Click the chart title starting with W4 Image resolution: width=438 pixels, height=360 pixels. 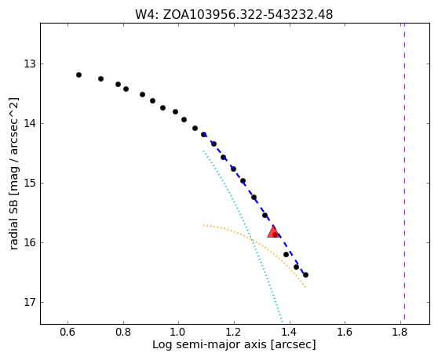click(234, 14)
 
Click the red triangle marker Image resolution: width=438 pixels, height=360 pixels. click(273, 231)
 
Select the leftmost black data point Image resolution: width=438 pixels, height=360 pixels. click(78, 75)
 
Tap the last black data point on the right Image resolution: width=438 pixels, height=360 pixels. click(305, 275)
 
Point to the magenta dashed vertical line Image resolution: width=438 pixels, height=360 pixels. click(404, 172)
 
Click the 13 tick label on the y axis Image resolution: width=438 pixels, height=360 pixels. click(30, 64)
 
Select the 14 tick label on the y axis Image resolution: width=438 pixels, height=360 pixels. click(30, 123)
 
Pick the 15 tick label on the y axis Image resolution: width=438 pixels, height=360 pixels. click(30, 183)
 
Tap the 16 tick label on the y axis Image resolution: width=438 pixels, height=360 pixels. click(30, 242)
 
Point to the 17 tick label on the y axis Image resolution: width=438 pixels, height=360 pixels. click(30, 302)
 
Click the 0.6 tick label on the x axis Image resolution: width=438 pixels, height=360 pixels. click(68, 332)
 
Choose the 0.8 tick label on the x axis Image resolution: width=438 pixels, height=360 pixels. click(123, 332)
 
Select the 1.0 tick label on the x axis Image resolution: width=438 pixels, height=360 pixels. click(178, 332)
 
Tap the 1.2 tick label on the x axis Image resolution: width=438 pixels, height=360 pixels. click(234, 332)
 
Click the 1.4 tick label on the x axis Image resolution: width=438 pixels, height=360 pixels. click(290, 332)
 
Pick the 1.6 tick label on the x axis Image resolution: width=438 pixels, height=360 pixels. click(345, 332)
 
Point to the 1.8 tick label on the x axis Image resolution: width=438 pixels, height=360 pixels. click(400, 332)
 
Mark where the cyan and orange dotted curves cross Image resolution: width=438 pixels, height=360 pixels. click(251, 239)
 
